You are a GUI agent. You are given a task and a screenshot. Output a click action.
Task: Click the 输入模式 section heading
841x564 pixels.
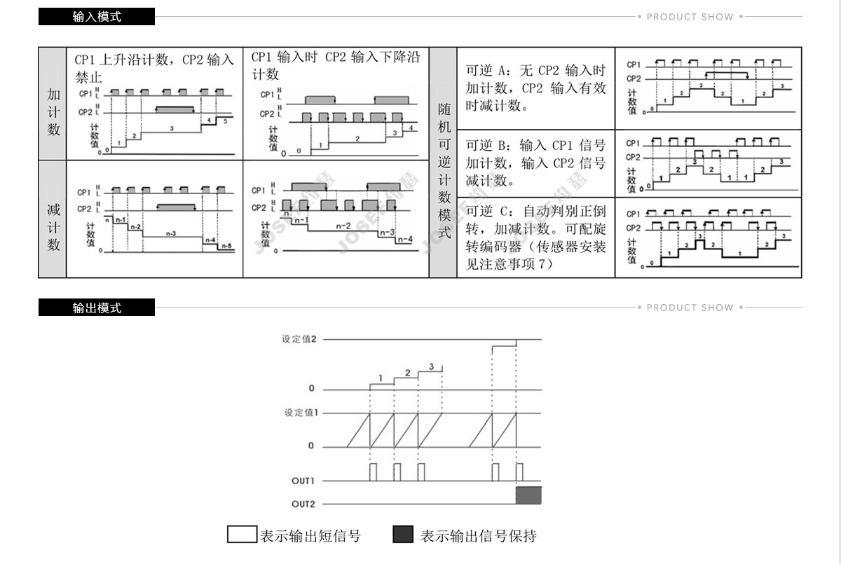click(x=97, y=17)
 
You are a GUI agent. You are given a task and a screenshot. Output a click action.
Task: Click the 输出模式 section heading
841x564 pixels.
click(x=97, y=308)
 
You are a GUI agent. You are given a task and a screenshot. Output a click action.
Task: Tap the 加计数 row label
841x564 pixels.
click(x=53, y=112)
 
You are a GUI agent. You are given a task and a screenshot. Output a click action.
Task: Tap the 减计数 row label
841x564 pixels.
click(x=53, y=227)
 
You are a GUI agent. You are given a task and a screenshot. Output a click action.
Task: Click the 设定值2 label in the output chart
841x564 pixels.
click(x=299, y=339)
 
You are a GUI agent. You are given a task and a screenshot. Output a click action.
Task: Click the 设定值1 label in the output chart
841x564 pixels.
click(x=301, y=413)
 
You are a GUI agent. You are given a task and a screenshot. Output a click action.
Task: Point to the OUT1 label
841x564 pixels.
click(x=303, y=481)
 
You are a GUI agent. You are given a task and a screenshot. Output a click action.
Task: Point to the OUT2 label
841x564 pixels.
click(x=303, y=504)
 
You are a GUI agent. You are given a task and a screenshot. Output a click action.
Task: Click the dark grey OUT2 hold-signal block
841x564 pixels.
click(x=529, y=495)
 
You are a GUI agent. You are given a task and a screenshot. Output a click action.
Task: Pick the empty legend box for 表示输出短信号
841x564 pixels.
click(x=242, y=535)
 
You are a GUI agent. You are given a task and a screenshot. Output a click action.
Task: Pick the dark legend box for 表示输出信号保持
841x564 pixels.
click(x=403, y=535)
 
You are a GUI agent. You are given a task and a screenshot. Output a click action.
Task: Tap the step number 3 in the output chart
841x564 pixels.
click(x=431, y=366)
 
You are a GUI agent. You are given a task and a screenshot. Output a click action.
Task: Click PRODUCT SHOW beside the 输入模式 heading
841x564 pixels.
click(x=690, y=17)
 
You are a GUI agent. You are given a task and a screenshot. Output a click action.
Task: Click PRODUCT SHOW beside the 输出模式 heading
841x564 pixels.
click(x=690, y=308)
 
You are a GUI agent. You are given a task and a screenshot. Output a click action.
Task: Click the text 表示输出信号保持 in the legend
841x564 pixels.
click(x=478, y=536)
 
